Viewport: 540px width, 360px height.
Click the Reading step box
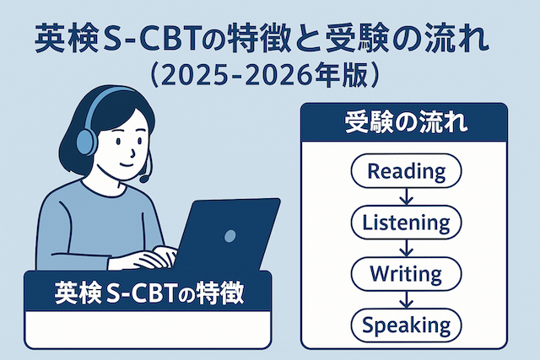(406, 172)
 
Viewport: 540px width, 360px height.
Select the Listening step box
(406, 223)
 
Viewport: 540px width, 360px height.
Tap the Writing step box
(406, 273)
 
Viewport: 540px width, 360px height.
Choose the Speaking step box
(406, 324)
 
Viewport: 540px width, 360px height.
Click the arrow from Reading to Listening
(406, 197)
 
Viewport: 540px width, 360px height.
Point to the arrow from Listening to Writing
(406, 248)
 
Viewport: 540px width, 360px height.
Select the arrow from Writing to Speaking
(406, 298)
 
